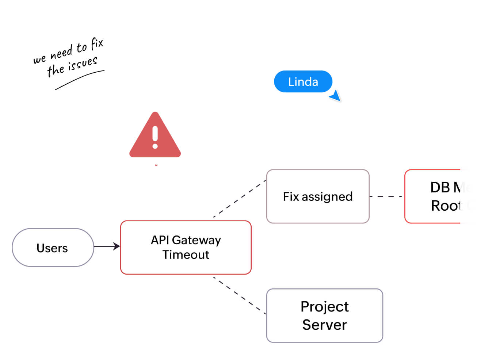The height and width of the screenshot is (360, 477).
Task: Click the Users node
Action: tap(53, 248)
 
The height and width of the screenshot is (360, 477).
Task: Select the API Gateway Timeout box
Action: tap(186, 247)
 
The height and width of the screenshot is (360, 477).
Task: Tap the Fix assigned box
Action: tap(317, 196)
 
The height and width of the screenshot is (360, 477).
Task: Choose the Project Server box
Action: tap(324, 315)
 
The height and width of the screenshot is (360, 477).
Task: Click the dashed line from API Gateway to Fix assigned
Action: tap(240, 199)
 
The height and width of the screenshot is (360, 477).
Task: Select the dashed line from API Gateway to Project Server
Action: tap(240, 295)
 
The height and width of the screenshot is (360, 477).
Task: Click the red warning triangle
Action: tap(155, 139)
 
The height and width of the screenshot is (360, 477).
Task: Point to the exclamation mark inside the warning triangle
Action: tap(155, 137)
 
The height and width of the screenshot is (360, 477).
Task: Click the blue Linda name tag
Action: tap(303, 81)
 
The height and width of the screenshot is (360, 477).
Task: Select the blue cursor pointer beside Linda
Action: tap(336, 96)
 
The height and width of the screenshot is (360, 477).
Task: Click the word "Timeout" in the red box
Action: tap(186, 254)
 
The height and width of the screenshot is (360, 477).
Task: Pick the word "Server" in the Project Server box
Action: tap(324, 325)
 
